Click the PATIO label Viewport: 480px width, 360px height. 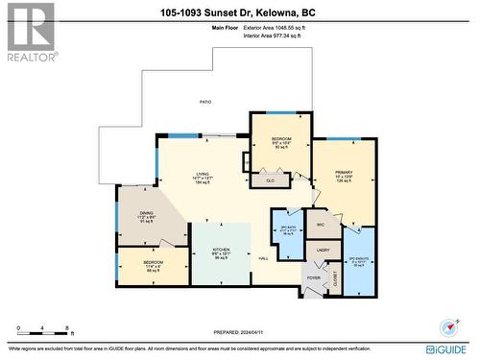point(204,101)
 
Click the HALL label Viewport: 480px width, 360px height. point(263,258)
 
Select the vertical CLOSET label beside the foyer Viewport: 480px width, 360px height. point(335,278)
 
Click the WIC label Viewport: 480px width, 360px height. point(321,226)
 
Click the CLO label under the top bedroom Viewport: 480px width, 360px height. point(271,180)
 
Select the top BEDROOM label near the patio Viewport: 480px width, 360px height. point(281,139)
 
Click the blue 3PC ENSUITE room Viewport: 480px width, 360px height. point(357,260)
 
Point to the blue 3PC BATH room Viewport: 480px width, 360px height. point(286,229)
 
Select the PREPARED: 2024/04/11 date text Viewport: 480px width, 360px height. point(239,332)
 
